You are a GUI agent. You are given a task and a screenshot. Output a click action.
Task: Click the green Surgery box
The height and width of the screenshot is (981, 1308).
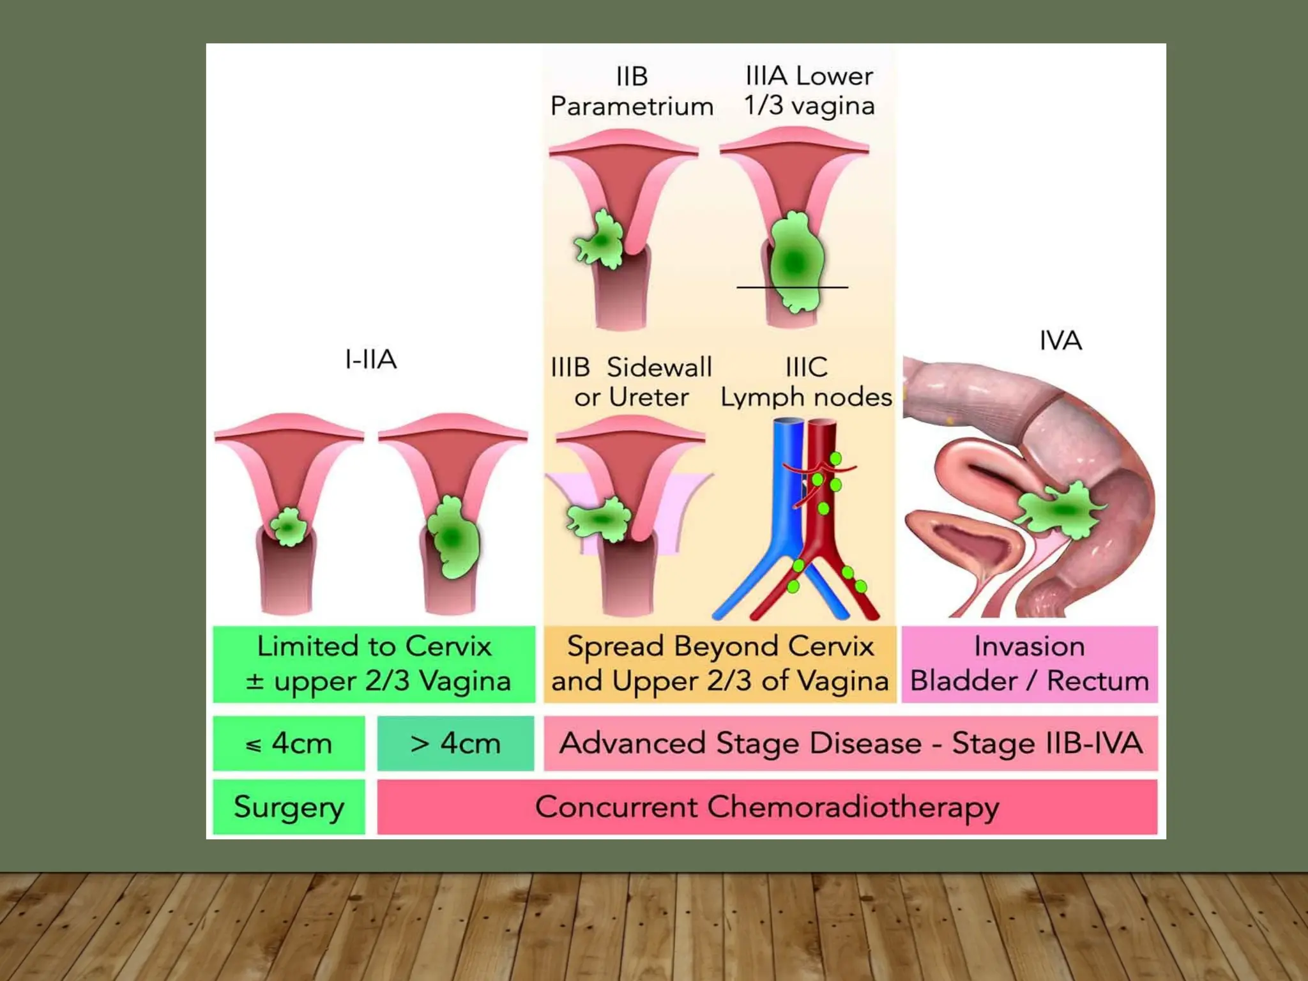point(289,807)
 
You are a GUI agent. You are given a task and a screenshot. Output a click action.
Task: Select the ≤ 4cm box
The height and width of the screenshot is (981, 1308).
point(289,743)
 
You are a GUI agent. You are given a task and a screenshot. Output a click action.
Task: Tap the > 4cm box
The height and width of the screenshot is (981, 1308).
point(455,743)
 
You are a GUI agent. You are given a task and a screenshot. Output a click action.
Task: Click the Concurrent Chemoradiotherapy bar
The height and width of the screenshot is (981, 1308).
point(766,807)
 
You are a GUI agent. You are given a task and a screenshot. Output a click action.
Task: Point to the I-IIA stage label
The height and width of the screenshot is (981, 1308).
point(370,360)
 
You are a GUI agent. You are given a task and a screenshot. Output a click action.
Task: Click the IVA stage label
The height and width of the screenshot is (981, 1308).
point(1060,340)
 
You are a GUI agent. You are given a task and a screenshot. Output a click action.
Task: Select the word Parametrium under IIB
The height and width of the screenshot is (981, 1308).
point(632,106)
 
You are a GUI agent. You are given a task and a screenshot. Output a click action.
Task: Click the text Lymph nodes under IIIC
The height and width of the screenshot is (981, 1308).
point(806,397)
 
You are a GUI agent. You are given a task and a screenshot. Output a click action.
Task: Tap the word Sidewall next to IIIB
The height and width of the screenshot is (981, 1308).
point(658,367)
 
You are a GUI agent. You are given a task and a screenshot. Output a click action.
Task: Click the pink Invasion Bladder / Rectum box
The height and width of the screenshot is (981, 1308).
point(1029,664)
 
